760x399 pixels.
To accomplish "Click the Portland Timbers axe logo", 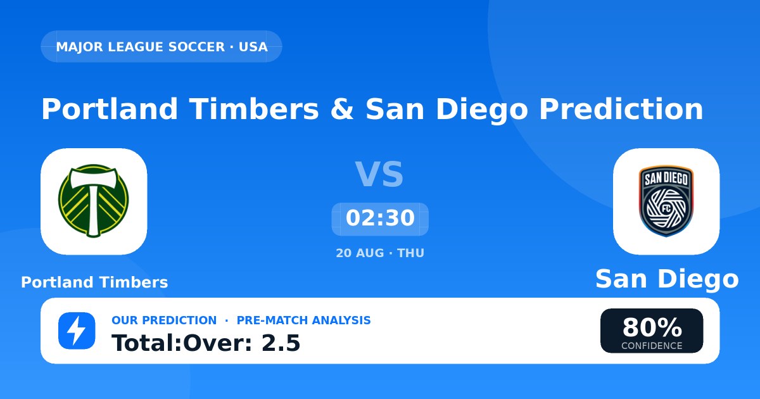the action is (x=93, y=201).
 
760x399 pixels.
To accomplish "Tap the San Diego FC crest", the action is (x=666, y=201).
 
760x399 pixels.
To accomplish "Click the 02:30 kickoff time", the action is (x=380, y=218).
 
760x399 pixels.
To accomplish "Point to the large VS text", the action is (x=379, y=174).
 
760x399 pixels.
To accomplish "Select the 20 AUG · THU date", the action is (x=380, y=253).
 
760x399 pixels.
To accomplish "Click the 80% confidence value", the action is (x=652, y=327).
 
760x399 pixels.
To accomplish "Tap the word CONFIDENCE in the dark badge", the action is (x=652, y=346).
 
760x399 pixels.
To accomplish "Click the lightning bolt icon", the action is (x=77, y=331).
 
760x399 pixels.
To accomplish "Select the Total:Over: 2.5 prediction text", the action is (x=206, y=343).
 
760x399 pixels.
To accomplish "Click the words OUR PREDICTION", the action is (x=164, y=320).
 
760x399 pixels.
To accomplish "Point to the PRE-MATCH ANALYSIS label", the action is (x=303, y=320).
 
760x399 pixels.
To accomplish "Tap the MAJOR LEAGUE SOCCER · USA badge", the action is (x=161, y=46).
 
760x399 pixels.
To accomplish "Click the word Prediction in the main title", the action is (x=621, y=109).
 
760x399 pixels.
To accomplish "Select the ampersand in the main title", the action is (x=342, y=109).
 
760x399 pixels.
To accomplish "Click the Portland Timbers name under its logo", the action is (x=94, y=282).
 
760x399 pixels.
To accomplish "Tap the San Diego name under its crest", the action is (x=667, y=279).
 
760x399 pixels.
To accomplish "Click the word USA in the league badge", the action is (x=253, y=47).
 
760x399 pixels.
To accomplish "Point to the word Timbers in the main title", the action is (x=254, y=109).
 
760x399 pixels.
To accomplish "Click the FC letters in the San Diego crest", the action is (x=666, y=208).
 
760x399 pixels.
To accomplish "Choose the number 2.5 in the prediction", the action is (x=281, y=343).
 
